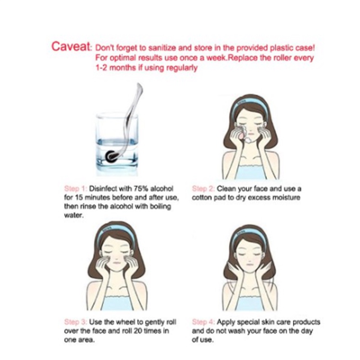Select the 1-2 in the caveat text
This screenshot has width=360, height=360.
100,68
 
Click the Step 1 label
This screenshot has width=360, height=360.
76,189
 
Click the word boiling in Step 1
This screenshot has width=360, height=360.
161,207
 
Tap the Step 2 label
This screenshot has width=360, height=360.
203,189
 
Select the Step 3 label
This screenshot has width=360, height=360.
76,322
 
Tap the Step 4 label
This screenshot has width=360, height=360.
203,322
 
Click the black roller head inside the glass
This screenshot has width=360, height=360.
110,156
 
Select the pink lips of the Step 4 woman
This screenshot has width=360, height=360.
249,265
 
